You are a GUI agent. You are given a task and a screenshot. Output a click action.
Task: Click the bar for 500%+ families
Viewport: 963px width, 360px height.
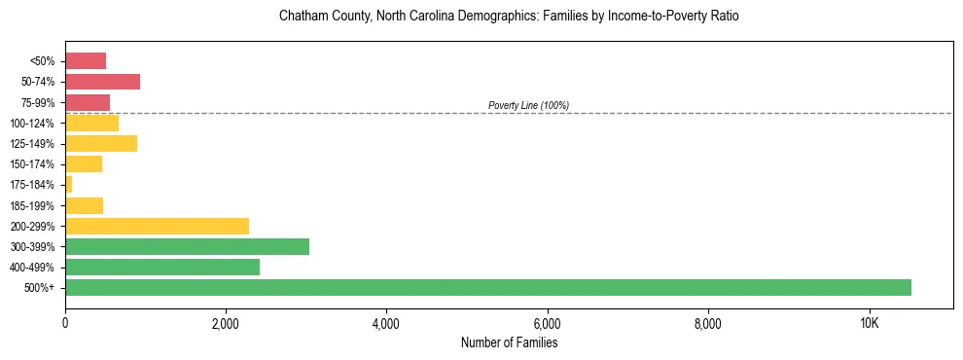(x=487, y=287)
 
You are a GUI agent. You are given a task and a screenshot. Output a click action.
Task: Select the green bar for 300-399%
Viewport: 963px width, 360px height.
(x=187, y=246)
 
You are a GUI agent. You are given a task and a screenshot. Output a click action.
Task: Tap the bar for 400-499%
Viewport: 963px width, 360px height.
(x=161, y=267)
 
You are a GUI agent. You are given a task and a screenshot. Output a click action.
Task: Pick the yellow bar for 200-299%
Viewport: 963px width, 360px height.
(x=157, y=226)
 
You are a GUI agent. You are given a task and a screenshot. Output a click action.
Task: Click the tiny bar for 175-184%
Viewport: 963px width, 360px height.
(x=69, y=185)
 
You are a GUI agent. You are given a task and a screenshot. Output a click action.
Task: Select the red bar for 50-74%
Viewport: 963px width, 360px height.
(x=102, y=82)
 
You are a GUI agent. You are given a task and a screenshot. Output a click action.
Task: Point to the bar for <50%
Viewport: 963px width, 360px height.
(x=86, y=61)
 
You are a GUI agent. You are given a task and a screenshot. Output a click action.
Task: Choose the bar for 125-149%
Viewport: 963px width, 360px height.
(x=101, y=143)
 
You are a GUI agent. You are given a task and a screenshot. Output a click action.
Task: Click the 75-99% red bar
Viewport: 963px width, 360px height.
(x=88, y=102)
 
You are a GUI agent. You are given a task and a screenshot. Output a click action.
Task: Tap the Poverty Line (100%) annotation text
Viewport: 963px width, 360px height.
(x=528, y=105)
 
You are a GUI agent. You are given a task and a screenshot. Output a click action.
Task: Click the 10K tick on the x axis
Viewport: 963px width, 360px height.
(x=870, y=323)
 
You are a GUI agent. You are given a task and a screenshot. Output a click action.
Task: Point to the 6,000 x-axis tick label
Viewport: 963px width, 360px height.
(x=547, y=323)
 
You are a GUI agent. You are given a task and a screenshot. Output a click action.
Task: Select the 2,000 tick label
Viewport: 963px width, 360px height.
(x=225, y=323)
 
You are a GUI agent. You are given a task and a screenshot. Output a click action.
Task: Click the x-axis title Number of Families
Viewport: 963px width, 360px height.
(x=509, y=342)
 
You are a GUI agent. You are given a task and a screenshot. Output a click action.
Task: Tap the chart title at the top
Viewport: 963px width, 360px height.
(x=509, y=17)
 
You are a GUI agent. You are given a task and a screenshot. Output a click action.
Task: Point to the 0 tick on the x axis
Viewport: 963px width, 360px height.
(x=65, y=323)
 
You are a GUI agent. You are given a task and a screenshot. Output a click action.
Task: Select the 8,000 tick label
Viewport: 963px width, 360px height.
(x=708, y=323)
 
